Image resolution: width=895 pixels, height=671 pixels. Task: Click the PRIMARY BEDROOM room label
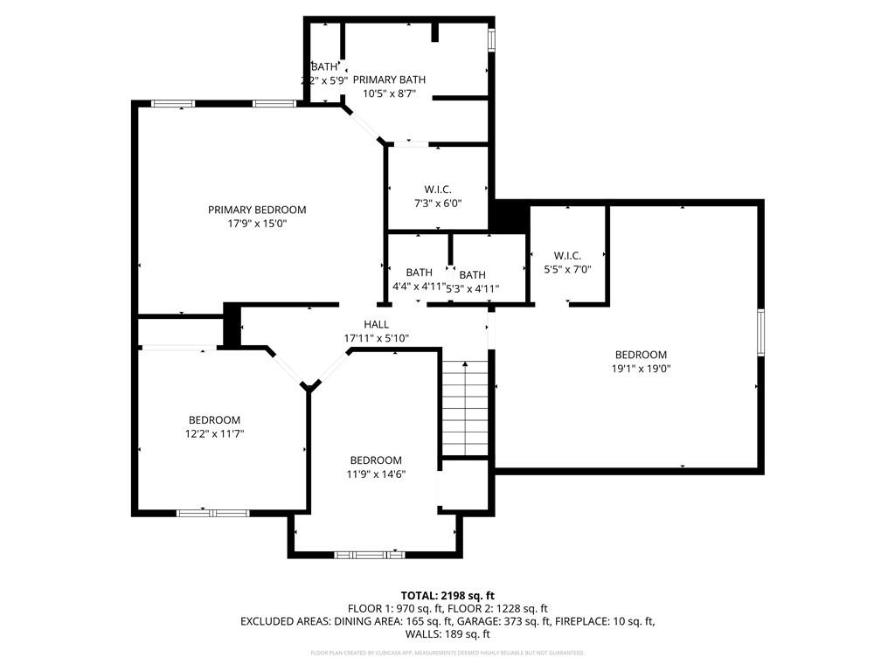257,210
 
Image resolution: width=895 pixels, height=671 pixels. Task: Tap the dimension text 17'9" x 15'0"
257,224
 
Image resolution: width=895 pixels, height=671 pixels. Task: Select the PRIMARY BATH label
389,80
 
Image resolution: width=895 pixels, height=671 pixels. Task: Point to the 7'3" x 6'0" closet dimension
437,204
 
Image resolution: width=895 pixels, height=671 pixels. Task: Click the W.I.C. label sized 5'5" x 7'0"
567,255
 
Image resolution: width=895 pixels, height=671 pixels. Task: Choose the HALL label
377,324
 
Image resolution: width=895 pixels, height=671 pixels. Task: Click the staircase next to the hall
465,408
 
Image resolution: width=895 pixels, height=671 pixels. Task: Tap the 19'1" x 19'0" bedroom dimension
641,369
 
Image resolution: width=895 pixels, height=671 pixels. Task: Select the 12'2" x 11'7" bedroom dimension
214,433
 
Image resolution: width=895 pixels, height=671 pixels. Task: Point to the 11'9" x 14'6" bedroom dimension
376,474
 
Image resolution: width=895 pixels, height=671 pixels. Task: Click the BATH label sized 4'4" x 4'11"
419,273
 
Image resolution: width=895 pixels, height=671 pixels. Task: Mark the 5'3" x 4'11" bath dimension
473,289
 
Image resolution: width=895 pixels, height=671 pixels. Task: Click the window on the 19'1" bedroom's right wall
760,332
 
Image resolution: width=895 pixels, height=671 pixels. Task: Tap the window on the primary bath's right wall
491,40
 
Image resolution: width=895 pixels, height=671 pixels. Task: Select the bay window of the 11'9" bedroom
370,554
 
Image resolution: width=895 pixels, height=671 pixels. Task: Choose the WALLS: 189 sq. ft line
447,634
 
